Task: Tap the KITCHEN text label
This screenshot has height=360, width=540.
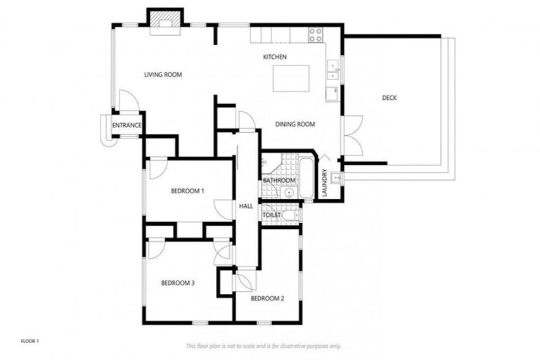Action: click(x=274, y=57)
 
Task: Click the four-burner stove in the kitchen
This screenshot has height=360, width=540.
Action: click(x=316, y=33)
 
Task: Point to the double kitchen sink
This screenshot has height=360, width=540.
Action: click(x=333, y=71)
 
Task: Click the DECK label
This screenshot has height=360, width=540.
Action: click(x=389, y=98)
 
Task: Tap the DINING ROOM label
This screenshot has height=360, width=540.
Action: click(x=295, y=124)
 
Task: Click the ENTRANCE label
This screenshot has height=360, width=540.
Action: click(x=127, y=126)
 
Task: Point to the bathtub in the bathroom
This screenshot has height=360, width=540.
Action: click(x=307, y=178)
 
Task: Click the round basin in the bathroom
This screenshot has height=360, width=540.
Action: click(x=289, y=192)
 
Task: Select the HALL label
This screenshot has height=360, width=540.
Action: click(x=246, y=206)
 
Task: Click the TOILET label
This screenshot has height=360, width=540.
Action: click(x=271, y=215)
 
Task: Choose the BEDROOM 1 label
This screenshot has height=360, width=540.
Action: click(x=187, y=191)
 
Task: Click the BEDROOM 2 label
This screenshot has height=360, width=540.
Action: click(x=267, y=299)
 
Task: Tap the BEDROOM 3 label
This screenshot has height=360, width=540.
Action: click(x=177, y=283)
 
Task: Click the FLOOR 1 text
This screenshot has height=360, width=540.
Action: click(x=30, y=341)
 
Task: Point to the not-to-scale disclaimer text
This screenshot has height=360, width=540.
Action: click(x=264, y=346)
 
